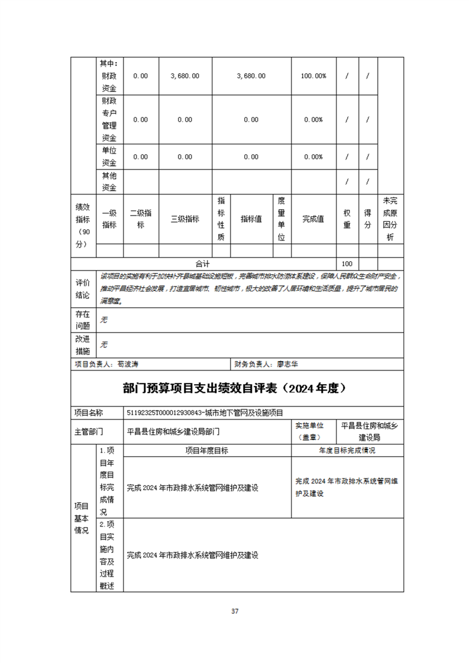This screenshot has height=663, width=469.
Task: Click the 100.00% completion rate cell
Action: [313, 76]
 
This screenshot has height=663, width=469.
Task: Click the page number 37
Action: [235, 611]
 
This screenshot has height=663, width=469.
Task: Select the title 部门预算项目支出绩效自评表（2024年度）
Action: [234, 388]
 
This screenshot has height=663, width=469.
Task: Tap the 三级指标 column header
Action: [185, 219]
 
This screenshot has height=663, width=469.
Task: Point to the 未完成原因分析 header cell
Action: [390, 219]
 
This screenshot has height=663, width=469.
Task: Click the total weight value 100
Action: [347, 264]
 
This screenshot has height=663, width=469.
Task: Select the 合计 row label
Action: [203, 264]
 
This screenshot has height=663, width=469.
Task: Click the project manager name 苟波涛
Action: [128, 365]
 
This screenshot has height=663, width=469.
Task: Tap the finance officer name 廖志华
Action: [288, 365]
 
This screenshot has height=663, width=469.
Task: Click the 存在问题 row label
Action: [83, 320]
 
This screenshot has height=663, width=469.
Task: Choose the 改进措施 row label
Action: [83, 344]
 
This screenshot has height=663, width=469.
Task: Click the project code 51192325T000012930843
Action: [165, 412]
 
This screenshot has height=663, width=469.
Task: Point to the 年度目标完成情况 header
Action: [347, 450]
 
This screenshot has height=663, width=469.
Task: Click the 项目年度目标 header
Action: [207, 450]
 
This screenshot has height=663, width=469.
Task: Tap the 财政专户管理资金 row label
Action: [109, 119]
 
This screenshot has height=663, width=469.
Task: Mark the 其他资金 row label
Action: [109, 181]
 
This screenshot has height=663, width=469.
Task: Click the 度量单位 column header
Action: [282, 219]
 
